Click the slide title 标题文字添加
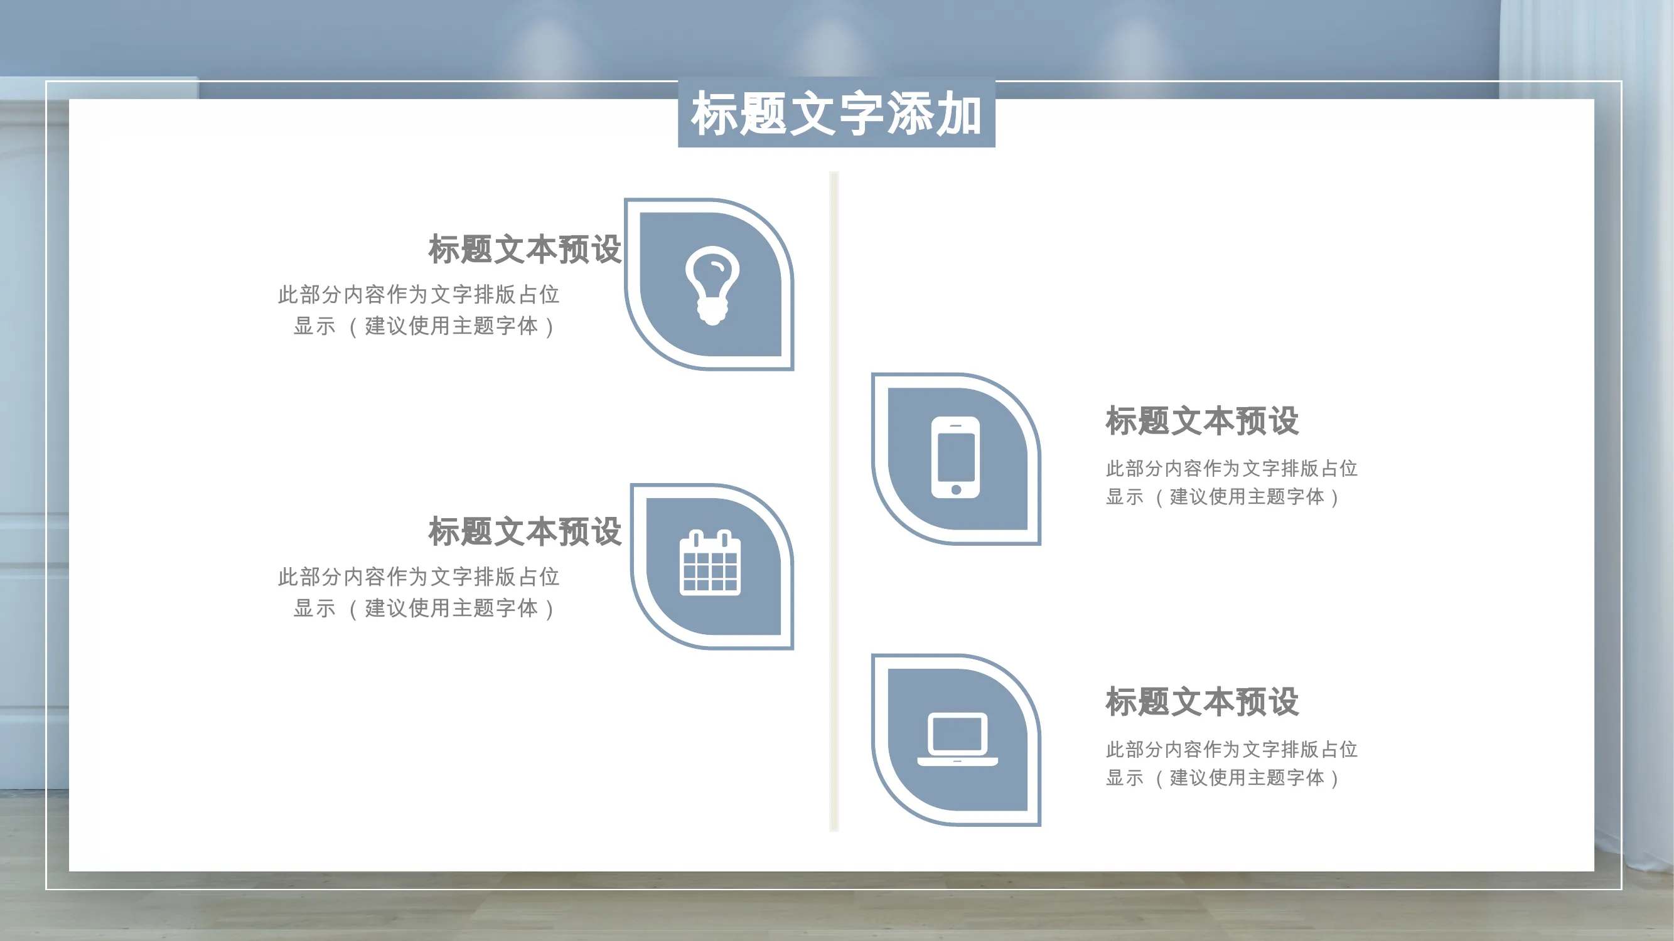pos(836,114)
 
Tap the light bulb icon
pos(712,285)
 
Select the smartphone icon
pos(955,457)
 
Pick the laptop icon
pos(957,739)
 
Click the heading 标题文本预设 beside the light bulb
pos(525,250)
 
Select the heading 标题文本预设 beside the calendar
pos(525,532)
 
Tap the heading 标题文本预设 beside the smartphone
pos(1202,421)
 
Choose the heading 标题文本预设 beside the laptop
pos(1202,702)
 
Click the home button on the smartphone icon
pos(956,490)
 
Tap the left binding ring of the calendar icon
pos(696,539)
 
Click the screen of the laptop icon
pos(957,733)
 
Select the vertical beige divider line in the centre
pos(834,501)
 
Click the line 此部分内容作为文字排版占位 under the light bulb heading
pos(419,295)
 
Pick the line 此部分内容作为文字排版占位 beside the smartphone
pos(1231,468)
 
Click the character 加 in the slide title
pos(958,114)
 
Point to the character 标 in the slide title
pos(714,114)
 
